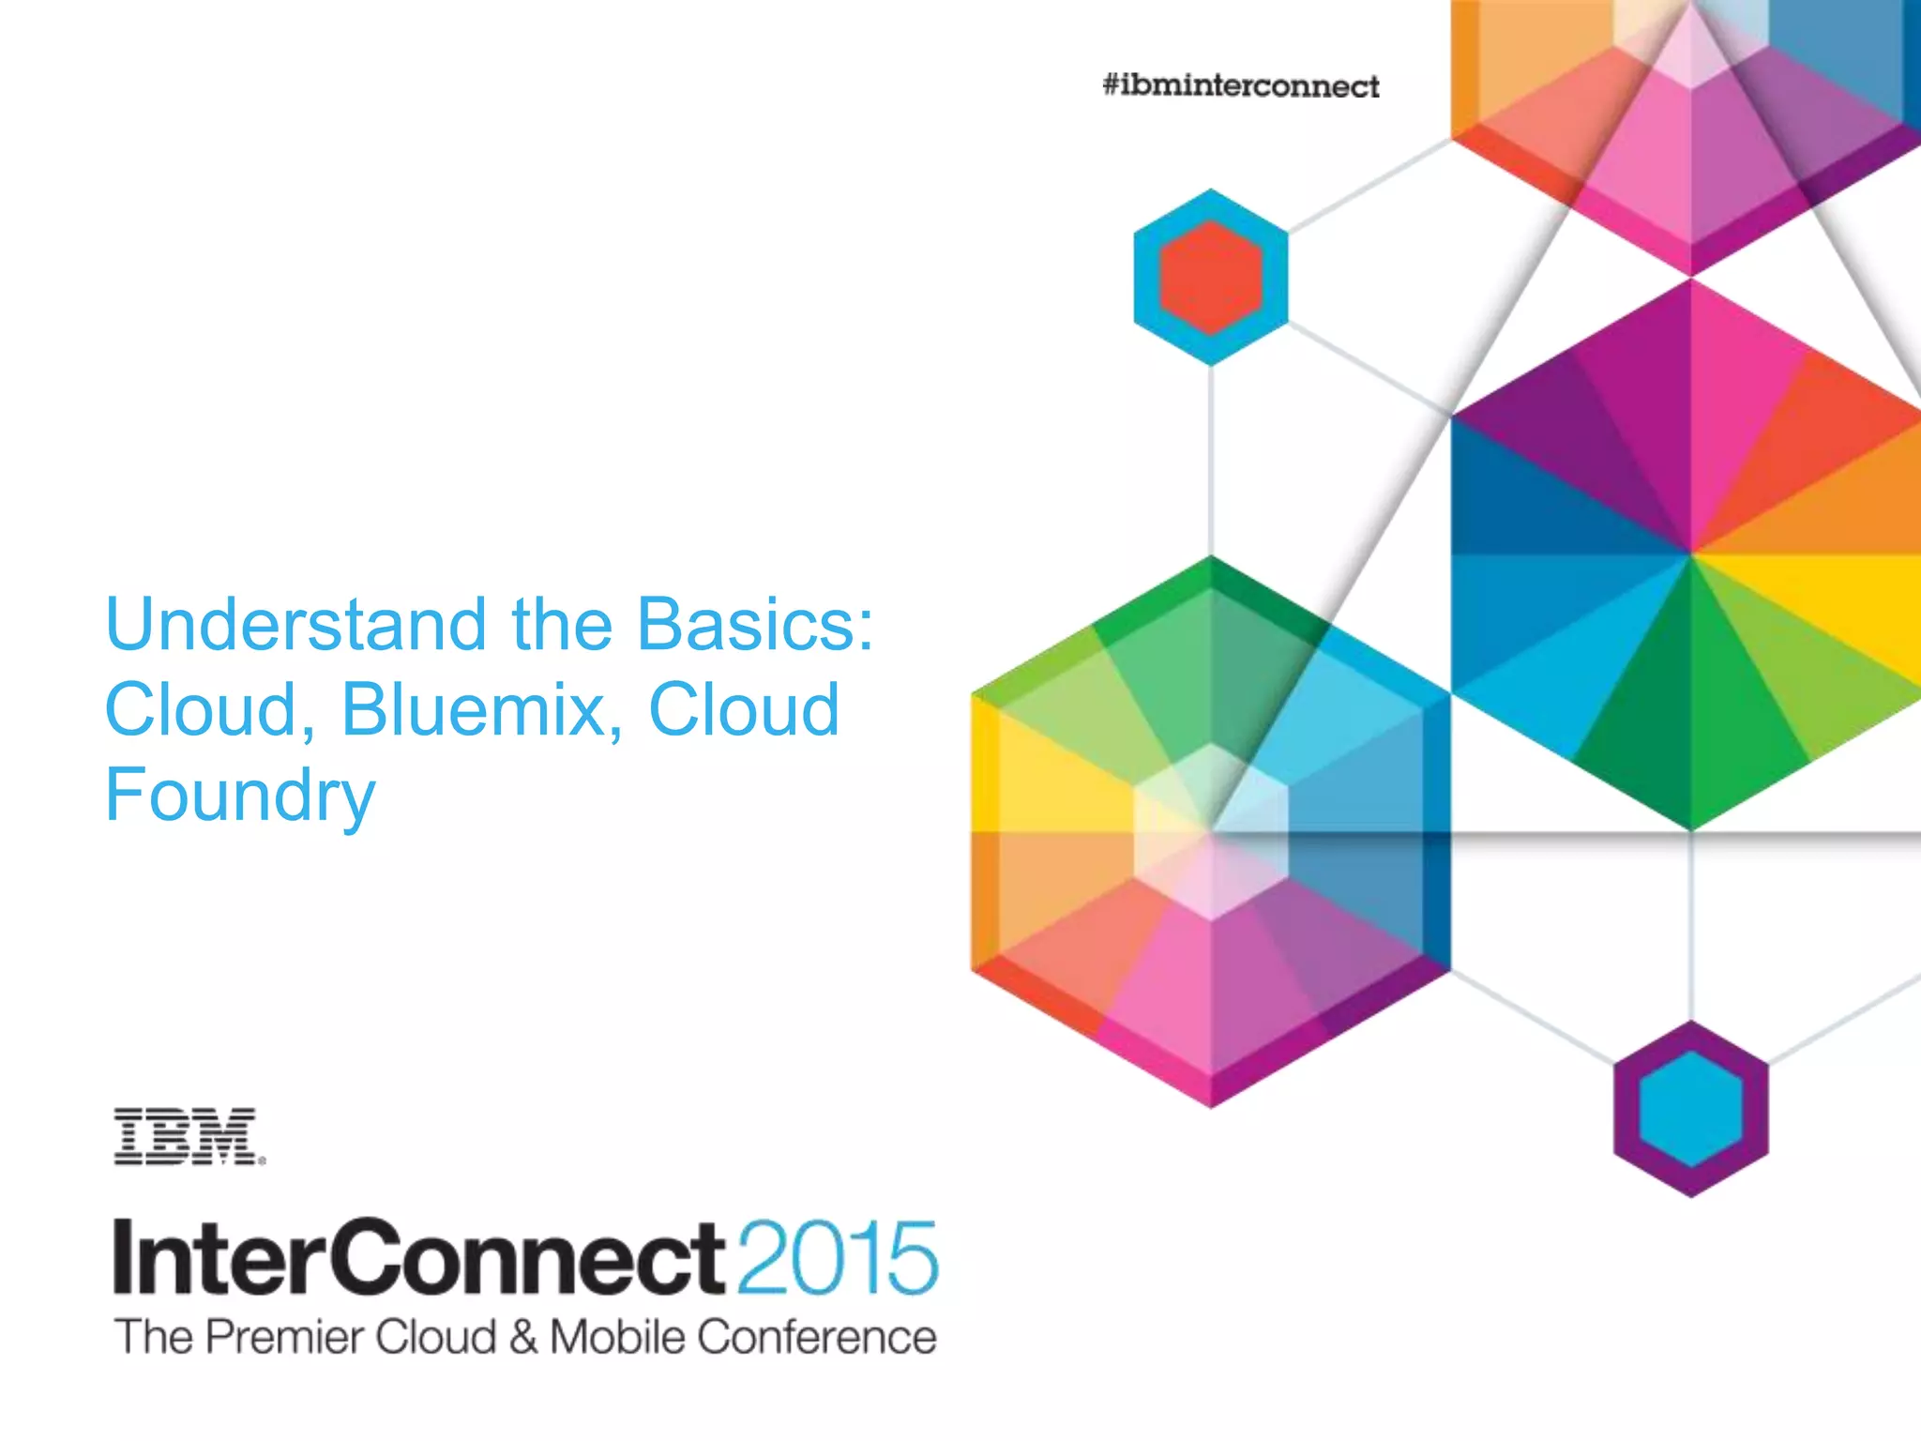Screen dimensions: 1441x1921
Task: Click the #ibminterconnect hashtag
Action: point(1240,86)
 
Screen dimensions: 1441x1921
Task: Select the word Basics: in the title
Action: point(755,625)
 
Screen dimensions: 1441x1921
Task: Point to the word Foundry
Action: point(240,796)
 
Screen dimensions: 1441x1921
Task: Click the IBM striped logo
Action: point(188,1136)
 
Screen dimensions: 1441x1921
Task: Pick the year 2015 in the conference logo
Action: point(837,1258)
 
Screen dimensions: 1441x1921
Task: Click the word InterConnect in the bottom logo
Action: point(418,1258)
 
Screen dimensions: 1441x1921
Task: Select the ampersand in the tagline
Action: point(523,1338)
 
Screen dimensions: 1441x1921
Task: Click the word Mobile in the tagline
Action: point(617,1337)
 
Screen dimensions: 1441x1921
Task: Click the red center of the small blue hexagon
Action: point(1210,278)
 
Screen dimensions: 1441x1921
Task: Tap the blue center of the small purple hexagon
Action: point(1690,1109)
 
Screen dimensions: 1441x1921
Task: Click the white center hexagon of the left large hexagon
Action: point(1210,831)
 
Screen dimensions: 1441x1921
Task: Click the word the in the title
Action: point(562,625)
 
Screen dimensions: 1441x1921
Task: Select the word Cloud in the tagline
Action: point(435,1337)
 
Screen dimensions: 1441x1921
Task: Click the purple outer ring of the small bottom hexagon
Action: point(1627,1109)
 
